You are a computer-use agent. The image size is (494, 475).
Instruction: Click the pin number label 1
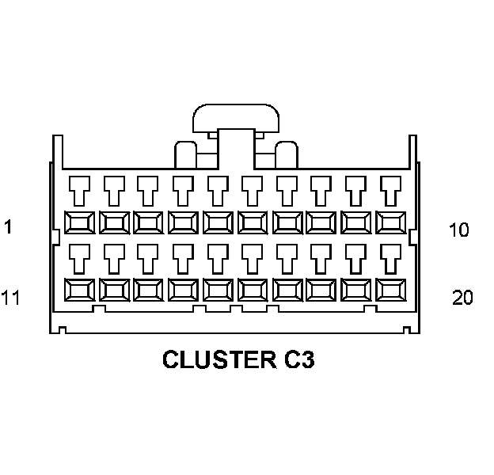(x=8, y=227)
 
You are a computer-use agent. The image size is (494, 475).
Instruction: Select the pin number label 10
(x=458, y=230)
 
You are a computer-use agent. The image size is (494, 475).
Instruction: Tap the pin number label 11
(x=10, y=298)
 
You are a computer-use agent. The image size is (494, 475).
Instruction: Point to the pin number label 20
(x=463, y=298)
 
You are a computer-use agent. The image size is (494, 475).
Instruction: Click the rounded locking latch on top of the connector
(x=237, y=119)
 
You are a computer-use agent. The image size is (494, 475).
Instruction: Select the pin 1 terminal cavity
(x=78, y=222)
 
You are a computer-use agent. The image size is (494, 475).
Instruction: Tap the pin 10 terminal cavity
(x=391, y=222)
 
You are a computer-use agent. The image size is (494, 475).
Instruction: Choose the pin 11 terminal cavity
(x=78, y=290)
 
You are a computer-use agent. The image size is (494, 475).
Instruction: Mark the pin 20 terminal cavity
(x=391, y=290)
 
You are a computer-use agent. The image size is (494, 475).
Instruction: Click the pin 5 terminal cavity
(x=218, y=222)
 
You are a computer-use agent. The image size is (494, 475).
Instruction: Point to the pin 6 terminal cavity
(x=253, y=222)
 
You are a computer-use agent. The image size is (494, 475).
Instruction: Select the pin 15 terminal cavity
(x=218, y=290)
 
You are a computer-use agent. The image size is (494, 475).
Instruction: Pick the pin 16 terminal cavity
(x=253, y=290)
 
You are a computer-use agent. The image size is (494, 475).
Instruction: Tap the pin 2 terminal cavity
(x=113, y=222)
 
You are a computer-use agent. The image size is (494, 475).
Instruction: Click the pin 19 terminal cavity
(x=356, y=290)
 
